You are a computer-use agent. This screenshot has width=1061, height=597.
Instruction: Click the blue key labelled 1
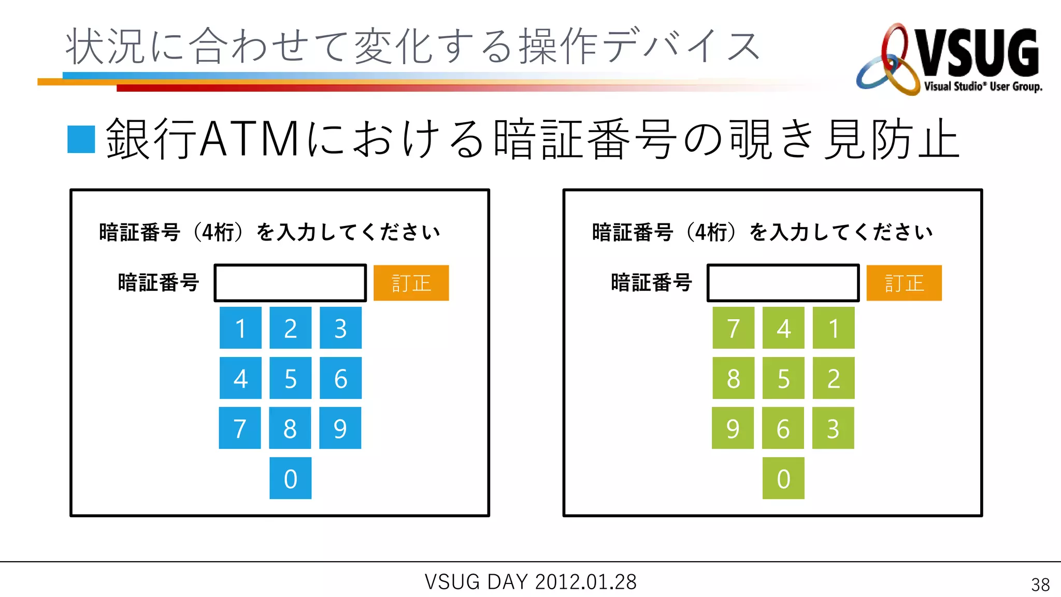(x=240, y=328)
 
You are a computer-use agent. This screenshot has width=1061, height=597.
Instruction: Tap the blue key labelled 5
(x=290, y=378)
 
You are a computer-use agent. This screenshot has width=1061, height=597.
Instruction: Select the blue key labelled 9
(x=340, y=428)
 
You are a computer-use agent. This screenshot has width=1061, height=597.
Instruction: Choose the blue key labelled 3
(x=340, y=328)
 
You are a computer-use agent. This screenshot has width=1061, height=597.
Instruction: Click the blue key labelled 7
(x=240, y=428)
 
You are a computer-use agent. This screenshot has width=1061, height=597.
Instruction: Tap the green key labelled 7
(x=733, y=328)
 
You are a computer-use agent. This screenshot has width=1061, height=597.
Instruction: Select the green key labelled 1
(x=833, y=328)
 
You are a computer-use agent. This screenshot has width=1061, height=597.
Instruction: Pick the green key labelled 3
(x=833, y=428)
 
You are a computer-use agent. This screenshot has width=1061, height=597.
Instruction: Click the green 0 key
(x=783, y=478)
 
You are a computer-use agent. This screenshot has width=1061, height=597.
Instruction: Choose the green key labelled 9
(x=733, y=428)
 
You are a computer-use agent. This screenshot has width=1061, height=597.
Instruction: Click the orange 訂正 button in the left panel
(x=411, y=283)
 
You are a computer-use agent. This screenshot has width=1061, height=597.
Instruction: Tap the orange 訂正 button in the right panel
(x=904, y=283)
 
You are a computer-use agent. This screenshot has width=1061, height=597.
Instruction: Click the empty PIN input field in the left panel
(x=290, y=283)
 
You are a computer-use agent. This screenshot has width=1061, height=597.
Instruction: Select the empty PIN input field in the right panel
(x=783, y=283)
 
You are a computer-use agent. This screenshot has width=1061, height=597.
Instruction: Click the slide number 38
(x=1040, y=585)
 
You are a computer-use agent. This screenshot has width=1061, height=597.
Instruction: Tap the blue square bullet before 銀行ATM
(x=81, y=139)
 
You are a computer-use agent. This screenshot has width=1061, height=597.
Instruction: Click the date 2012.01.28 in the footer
(x=585, y=582)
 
